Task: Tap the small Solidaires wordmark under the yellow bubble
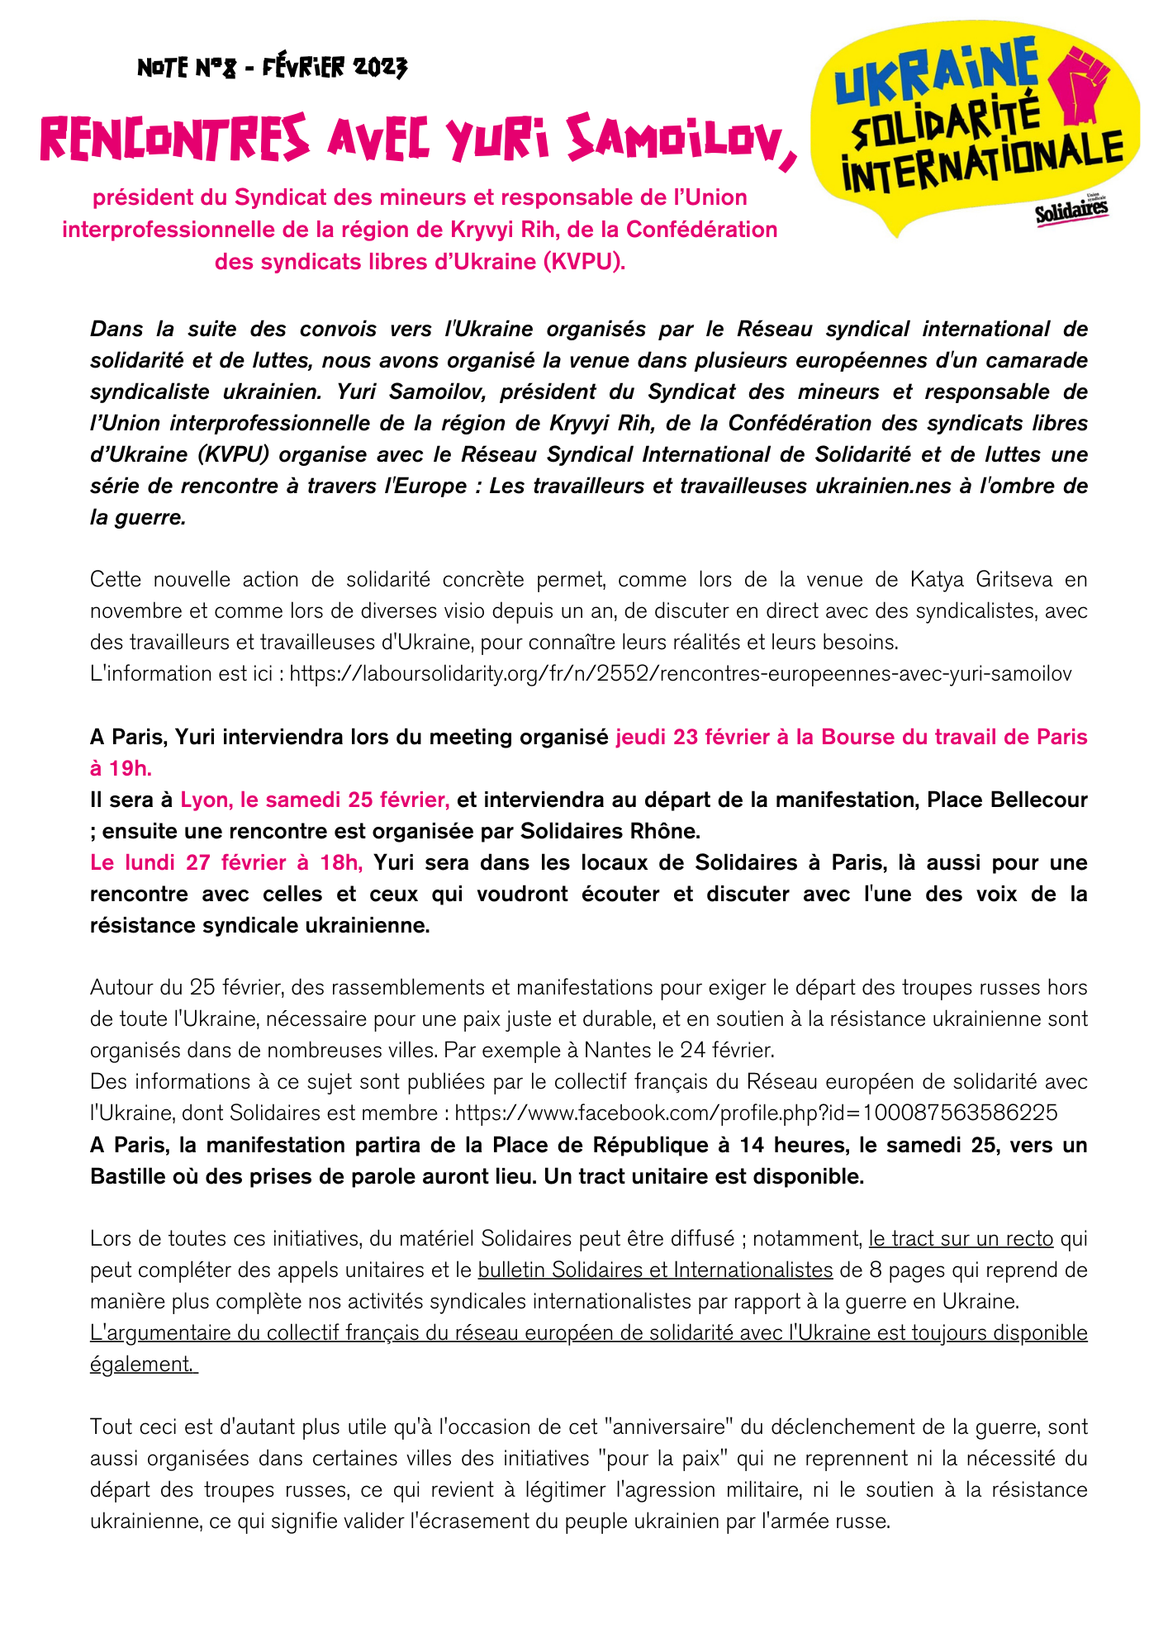(x=1071, y=211)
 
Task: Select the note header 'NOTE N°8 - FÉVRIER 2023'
(x=272, y=68)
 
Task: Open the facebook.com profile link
(x=756, y=1113)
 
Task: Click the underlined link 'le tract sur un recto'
(x=961, y=1238)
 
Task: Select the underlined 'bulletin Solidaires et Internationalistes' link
(x=655, y=1270)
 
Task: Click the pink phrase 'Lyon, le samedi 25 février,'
(x=315, y=800)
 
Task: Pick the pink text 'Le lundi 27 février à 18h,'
(x=226, y=862)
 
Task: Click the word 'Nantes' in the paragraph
(x=615, y=1050)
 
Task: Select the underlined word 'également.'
(x=143, y=1364)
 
